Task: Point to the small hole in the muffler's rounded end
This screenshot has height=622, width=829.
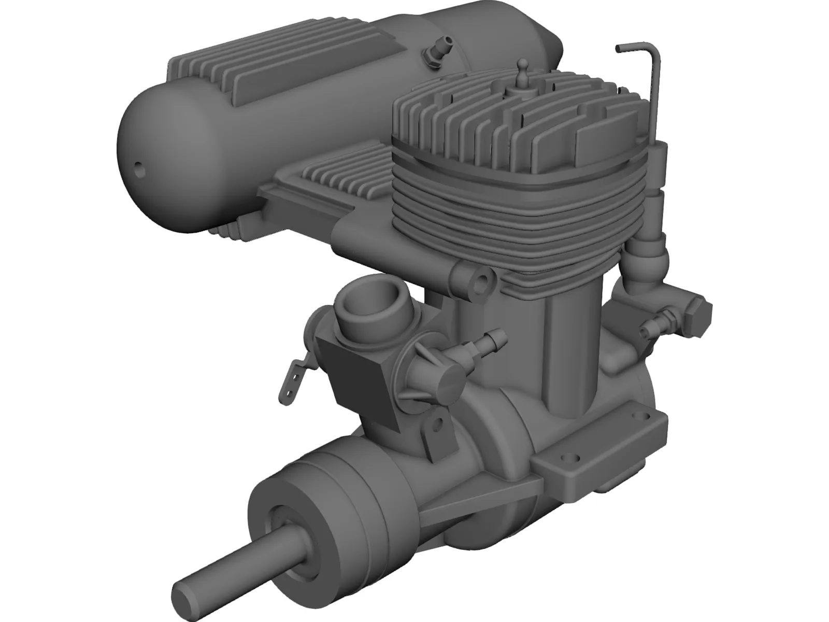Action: coord(139,168)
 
